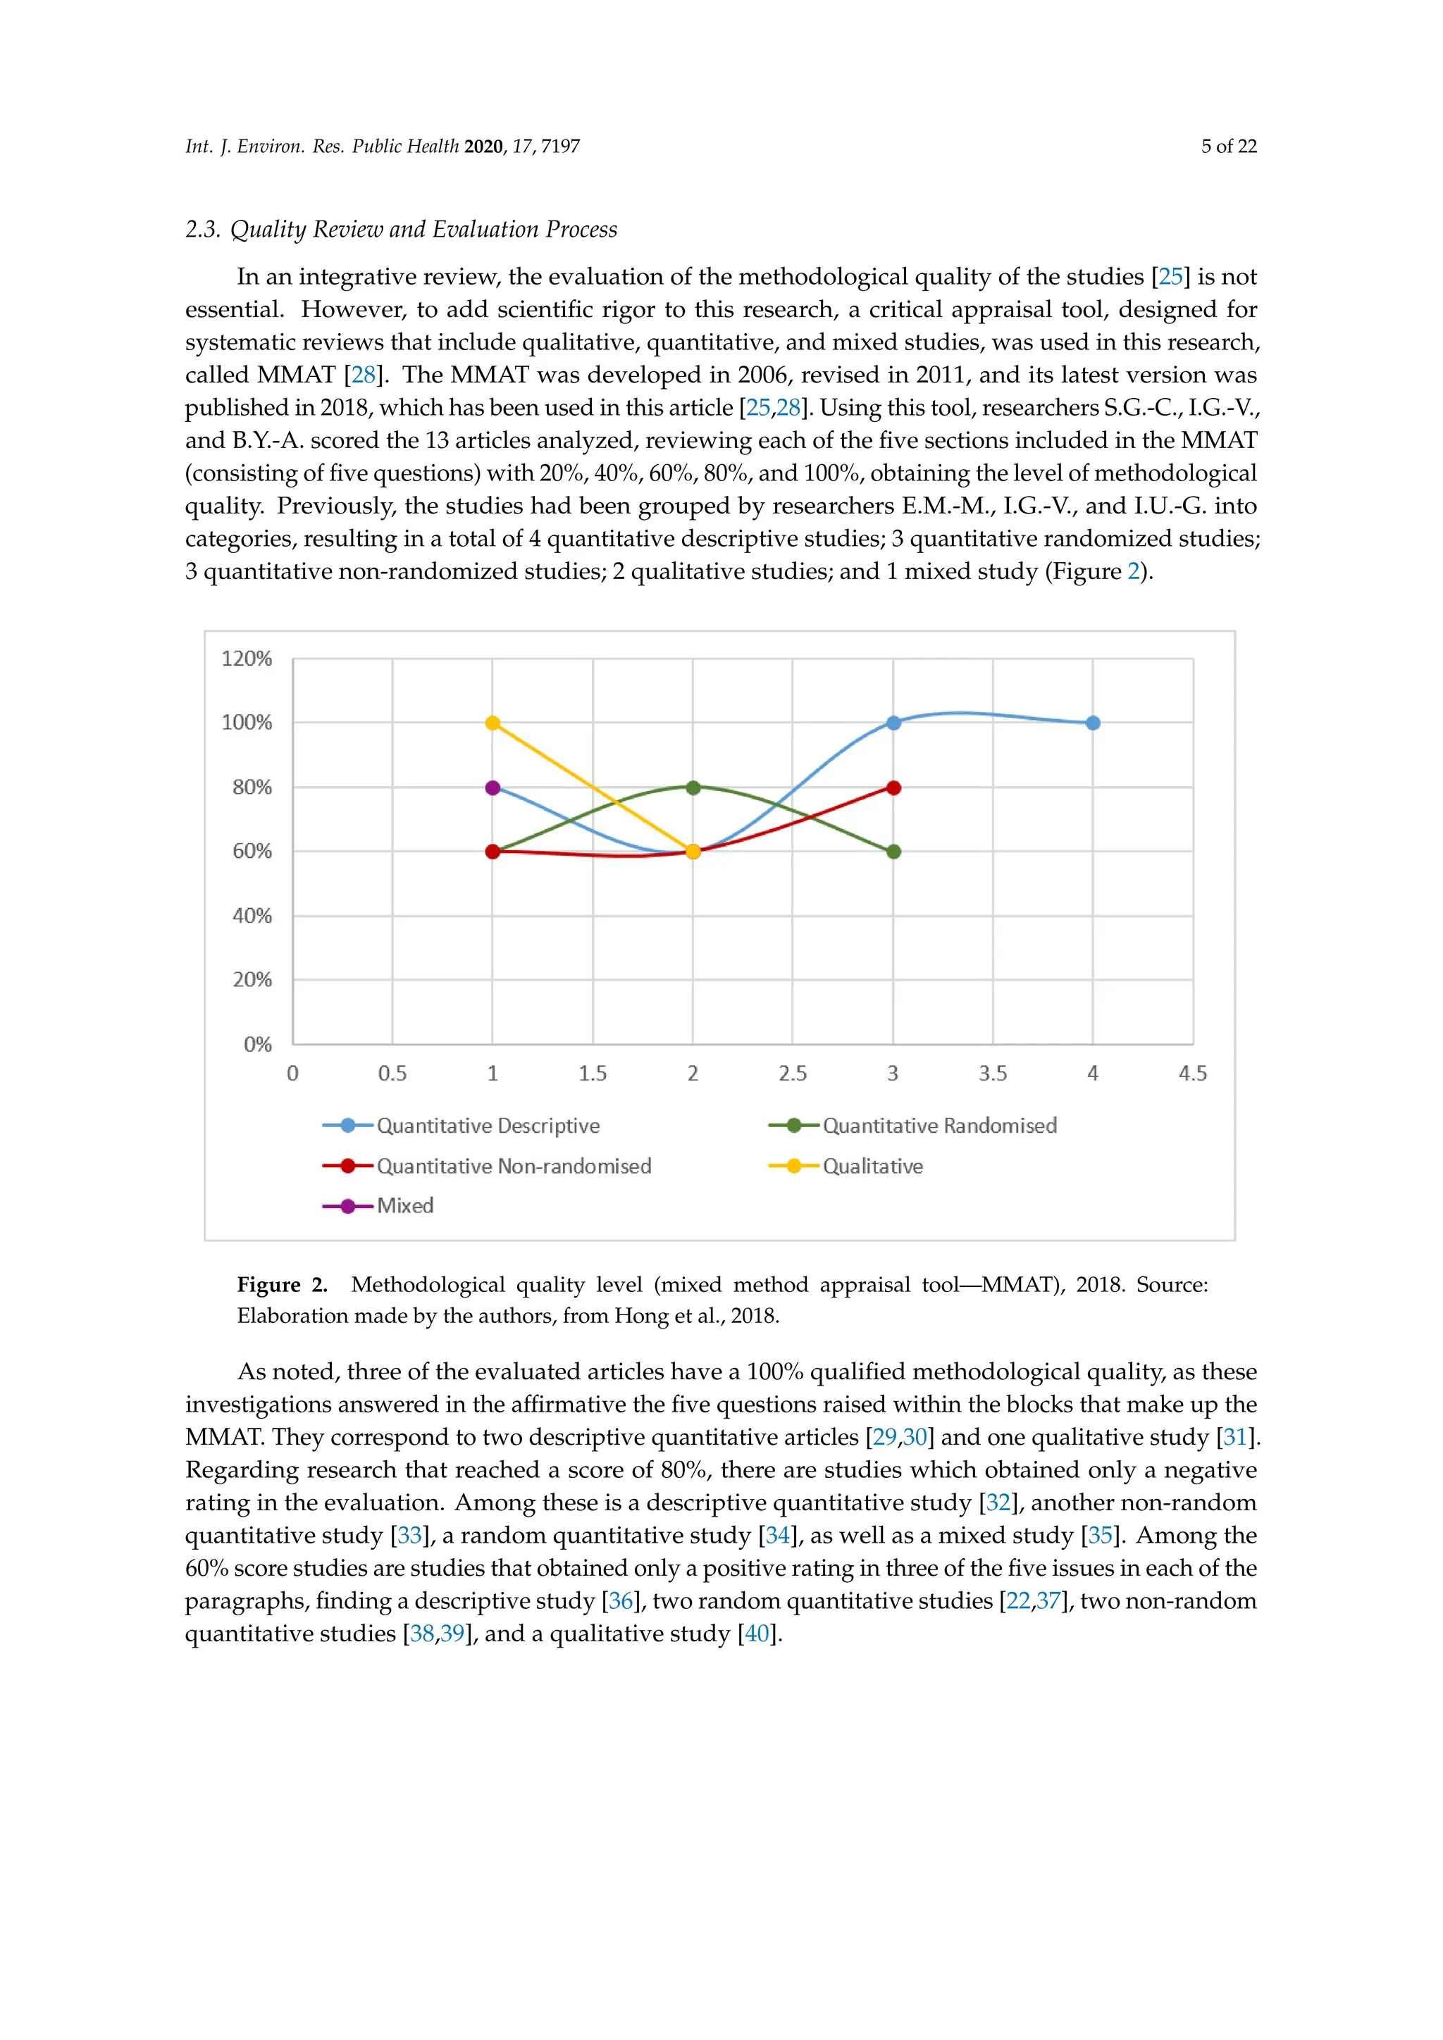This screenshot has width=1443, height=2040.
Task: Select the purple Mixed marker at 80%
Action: pos(493,788)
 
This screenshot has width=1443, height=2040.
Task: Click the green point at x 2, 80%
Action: pos(693,788)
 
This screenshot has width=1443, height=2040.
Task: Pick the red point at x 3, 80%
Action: pos(894,788)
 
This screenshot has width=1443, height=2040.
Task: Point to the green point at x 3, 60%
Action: pos(894,851)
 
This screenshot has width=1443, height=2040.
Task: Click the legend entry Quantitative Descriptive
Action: pos(487,1126)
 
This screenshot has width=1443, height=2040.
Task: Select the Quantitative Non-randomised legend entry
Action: pos(513,1166)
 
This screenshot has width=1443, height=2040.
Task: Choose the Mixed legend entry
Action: pos(404,1206)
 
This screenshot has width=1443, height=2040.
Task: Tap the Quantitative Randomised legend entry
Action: pos(939,1126)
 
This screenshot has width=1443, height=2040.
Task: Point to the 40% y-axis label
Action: pos(252,915)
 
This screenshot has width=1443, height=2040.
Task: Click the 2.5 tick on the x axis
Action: pos(793,1074)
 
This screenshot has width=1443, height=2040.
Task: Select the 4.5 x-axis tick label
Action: pos(1192,1074)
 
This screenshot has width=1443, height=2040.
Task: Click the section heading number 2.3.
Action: pos(203,229)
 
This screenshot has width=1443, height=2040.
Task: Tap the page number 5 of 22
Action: pos(1229,147)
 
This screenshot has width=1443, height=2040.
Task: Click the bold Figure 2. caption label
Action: pos(282,1285)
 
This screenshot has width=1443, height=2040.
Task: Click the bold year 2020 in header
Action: pos(483,147)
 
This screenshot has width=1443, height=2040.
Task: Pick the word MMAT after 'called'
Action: pos(296,375)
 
